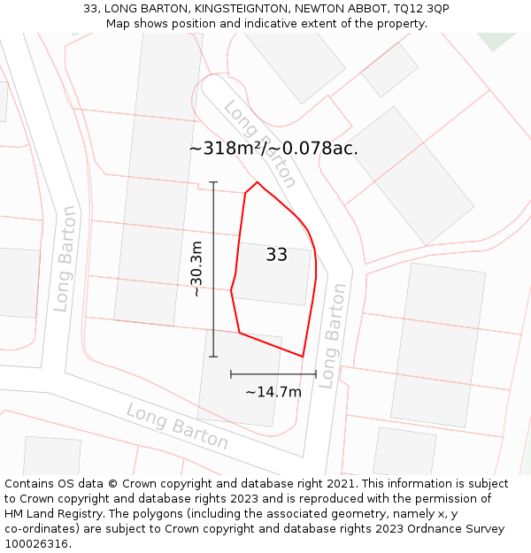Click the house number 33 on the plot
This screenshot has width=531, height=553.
coord(276,255)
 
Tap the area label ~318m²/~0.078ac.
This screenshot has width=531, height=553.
coord(273,149)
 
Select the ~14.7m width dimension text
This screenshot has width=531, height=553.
coord(273,392)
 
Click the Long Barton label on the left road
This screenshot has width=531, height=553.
coord(65,258)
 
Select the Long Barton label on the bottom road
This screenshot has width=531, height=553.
coord(177,426)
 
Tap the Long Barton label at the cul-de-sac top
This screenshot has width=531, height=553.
coord(260,143)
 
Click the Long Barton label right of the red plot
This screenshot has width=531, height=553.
coord(332,335)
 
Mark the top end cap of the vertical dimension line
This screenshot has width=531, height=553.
coord(213,182)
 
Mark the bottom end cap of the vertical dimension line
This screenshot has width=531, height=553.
coord(213,357)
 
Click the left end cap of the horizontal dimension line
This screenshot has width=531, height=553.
coord(231,374)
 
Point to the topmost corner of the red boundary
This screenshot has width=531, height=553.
coord(258,182)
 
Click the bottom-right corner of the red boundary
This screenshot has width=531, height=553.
coord(303,357)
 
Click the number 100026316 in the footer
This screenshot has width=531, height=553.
coord(35,544)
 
